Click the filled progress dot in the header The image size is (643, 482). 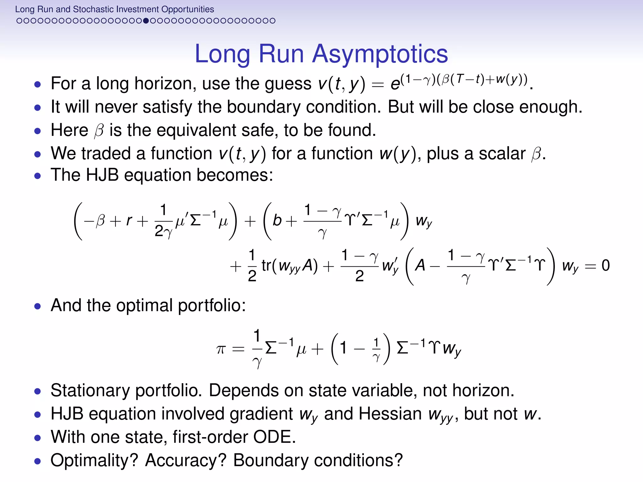pyautogui.click(x=146, y=21)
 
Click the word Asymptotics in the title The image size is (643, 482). pyautogui.click(x=380, y=54)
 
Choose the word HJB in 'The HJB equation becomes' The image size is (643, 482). pyautogui.click(x=102, y=175)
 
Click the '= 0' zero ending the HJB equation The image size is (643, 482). pyautogui.click(x=605, y=265)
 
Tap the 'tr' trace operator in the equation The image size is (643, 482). pyautogui.click(x=266, y=265)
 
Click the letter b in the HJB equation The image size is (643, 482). pyautogui.click(x=277, y=220)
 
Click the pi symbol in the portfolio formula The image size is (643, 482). pyautogui.click(x=221, y=349)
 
